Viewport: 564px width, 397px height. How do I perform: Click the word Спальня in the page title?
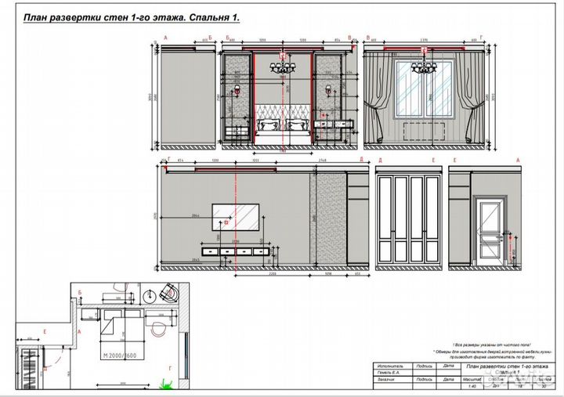tap(190, 17)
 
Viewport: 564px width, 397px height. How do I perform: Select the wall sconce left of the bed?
tap(236, 92)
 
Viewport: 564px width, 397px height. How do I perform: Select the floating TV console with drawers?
tap(235, 251)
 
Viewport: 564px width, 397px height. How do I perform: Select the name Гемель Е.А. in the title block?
tap(389, 374)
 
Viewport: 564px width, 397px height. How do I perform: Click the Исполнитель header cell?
tap(389, 366)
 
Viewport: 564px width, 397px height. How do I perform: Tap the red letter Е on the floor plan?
tap(46, 332)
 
